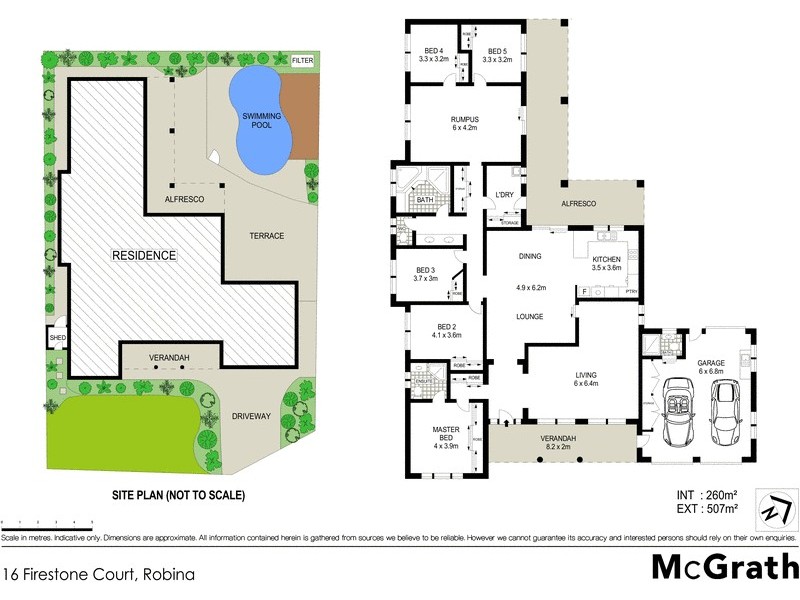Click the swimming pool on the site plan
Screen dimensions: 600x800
(261, 120)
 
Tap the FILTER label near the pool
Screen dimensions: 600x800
(303, 61)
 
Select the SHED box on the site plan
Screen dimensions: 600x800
(56, 338)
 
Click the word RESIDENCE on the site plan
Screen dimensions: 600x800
(143, 255)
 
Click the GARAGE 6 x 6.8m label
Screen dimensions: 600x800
(710, 367)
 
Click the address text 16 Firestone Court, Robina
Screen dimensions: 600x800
(97, 575)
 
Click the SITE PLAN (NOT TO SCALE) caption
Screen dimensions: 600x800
(177, 495)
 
